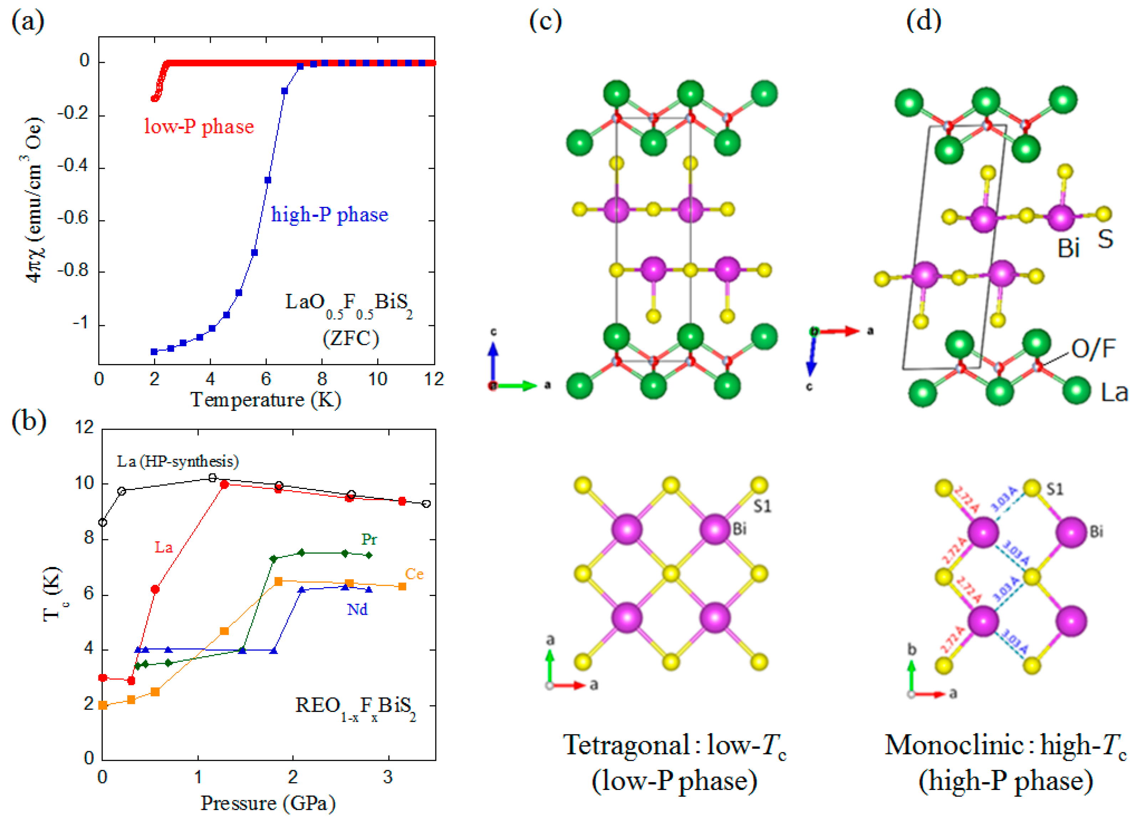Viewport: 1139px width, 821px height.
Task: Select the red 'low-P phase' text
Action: [199, 127]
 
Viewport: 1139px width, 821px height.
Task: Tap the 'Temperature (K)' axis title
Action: [266, 400]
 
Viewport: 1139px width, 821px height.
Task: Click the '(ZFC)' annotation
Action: [351, 338]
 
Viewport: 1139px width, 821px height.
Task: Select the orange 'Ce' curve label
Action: [414, 574]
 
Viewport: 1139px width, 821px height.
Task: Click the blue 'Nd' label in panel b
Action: [357, 610]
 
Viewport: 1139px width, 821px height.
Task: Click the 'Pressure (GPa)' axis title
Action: [268, 803]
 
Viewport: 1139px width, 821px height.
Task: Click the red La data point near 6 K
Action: [155, 589]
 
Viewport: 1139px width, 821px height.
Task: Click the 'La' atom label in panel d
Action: [1114, 392]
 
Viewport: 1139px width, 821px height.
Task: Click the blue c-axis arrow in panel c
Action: [493, 359]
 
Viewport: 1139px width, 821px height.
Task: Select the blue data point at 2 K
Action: [154, 352]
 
